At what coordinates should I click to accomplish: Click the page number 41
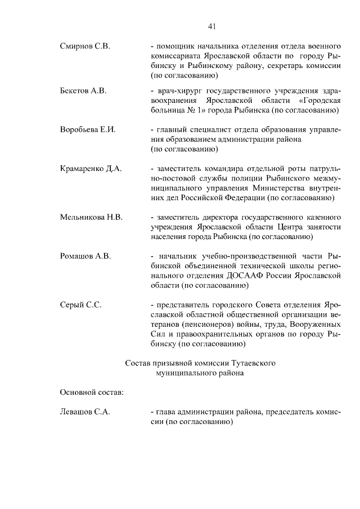(x=211, y=26)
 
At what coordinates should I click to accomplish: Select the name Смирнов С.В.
(x=84, y=46)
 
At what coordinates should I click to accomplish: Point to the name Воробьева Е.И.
(x=88, y=129)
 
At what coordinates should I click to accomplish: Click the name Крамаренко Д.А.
(x=91, y=168)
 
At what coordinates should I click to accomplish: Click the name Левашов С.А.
(x=85, y=412)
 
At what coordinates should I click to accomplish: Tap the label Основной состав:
(x=92, y=391)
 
